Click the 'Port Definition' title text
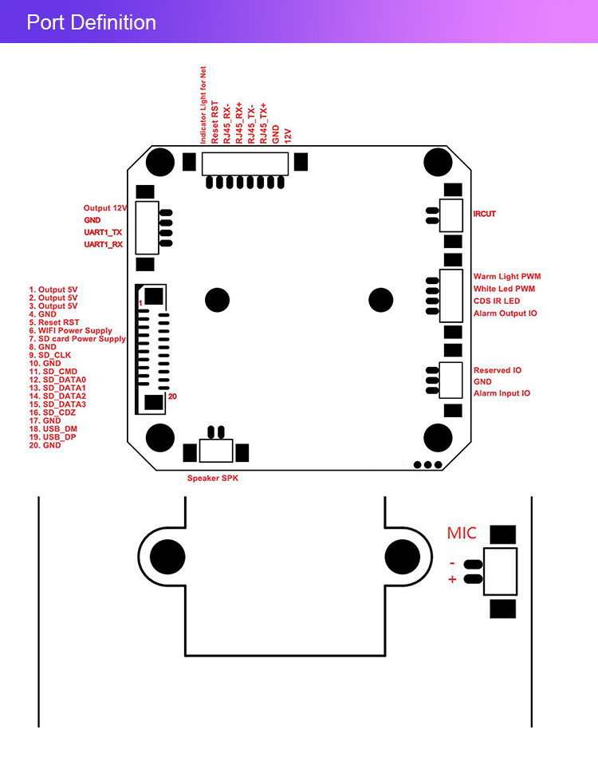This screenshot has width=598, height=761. (91, 22)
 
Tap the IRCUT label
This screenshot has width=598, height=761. (484, 214)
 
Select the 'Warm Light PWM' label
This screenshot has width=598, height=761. (506, 277)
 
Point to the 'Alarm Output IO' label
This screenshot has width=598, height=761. (505, 313)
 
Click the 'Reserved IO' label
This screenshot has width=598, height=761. (497, 370)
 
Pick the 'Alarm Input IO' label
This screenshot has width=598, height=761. (502, 393)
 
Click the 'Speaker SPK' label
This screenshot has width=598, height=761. (212, 479)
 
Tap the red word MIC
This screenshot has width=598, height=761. (462, 533)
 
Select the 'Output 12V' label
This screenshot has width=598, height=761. (105, 208)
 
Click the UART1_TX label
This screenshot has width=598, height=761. (104, 232)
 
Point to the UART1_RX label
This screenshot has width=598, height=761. (104, 244)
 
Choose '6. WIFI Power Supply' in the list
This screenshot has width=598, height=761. (71, 331)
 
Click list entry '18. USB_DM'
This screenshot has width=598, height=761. (53, 429)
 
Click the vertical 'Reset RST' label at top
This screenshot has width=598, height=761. (215, 122)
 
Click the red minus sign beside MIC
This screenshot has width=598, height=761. (452, 563)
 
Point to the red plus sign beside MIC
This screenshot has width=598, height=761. (452, 580)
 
